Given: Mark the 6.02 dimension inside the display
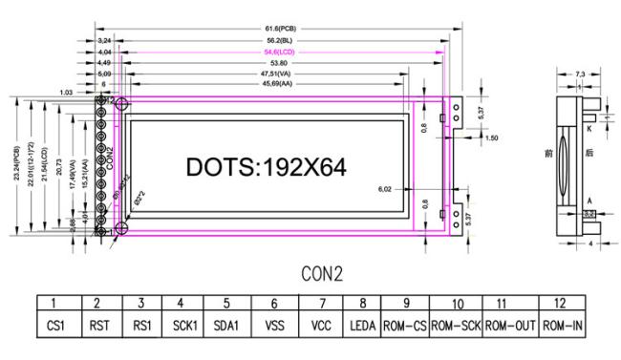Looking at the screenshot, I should (386, 190).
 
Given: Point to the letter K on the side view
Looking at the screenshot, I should (590, 127).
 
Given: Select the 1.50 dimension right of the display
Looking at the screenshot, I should (492, 138).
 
